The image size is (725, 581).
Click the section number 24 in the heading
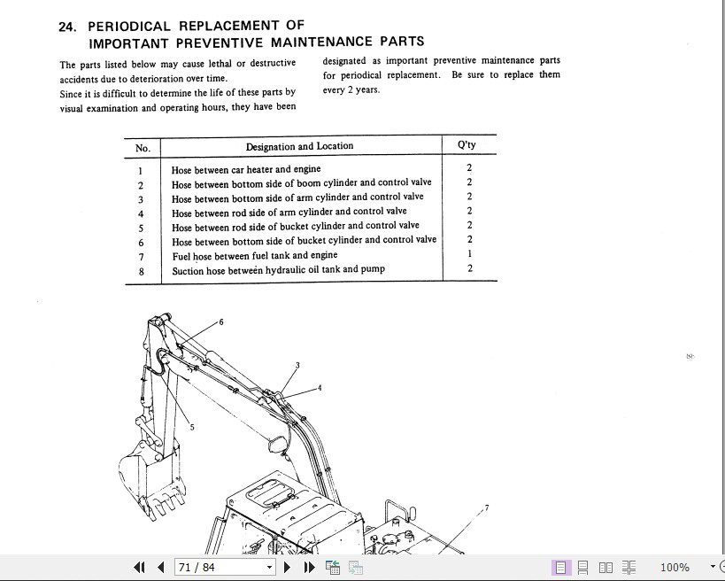click(67, 27)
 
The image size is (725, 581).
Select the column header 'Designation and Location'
click(299, 146)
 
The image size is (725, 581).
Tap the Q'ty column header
click(467, 145)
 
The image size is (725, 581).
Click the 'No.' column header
click(143, 148)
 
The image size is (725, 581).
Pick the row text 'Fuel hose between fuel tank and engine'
click(254, 255)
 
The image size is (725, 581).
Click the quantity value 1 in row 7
click(469, 254)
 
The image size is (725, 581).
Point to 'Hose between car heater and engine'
click(246, 169)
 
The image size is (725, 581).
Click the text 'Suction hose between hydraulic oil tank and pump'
click(278, 269)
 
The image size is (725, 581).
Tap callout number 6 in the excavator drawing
click(221, 321)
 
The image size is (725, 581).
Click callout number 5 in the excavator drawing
click(192, 427)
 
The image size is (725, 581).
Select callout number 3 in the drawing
click(297, 365)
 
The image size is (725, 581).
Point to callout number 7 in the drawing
click(486, 508)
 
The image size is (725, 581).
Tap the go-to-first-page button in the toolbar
click(139, 567)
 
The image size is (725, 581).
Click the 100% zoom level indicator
click(675, 567)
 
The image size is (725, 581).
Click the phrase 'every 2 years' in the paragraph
click(351, 90)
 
